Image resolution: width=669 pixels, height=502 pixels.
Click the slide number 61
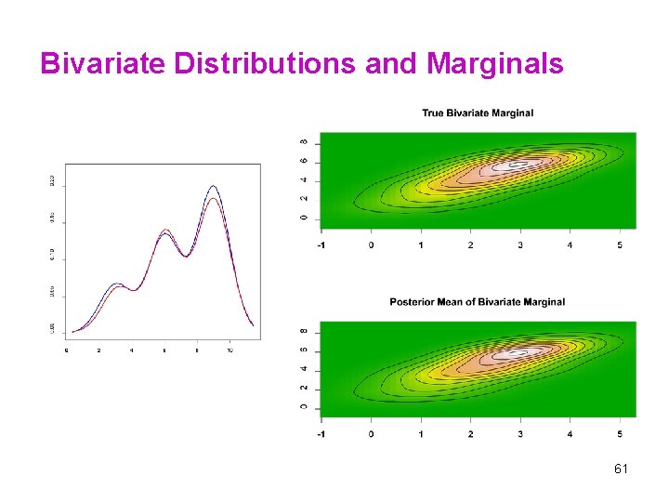pos(621,469)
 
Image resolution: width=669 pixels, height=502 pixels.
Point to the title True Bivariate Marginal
pos(478,113)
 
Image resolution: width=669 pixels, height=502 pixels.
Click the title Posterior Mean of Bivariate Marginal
pos(478,302)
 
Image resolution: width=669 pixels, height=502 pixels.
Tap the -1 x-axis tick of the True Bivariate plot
pos(321,245)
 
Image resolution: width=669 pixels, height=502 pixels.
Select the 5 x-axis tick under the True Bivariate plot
pos(620,245)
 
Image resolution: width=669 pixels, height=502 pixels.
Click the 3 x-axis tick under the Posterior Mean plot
pos(520,433)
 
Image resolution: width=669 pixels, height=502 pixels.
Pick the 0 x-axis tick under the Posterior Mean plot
pos(372,433)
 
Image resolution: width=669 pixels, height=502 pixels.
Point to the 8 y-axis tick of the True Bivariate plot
pos(303,142)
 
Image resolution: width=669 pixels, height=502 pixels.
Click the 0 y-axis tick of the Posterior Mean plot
pos(303,407)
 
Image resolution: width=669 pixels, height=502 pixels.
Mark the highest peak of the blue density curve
pos(213,187)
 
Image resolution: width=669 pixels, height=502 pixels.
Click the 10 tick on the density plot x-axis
pos(230,350)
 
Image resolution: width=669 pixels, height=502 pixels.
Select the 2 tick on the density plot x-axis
pos(98,350)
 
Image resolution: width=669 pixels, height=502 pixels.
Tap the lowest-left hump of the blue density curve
pos(116,284)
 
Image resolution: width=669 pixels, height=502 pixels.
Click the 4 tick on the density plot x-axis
pos(131,350)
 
